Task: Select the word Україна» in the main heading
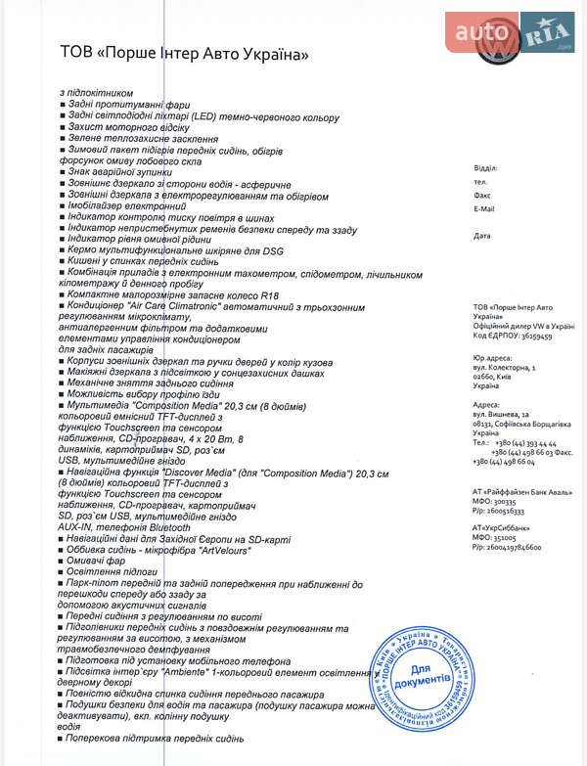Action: coord(273,55)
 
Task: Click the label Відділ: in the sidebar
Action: coord(485,168)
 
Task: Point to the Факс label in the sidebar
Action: coord(482,195)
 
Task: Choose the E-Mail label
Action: coord(484,208)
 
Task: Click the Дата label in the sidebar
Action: coord(481,236)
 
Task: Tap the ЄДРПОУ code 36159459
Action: coord(531,336)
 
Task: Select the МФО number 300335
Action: coord(515,501)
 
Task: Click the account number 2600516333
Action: coord(507,511)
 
